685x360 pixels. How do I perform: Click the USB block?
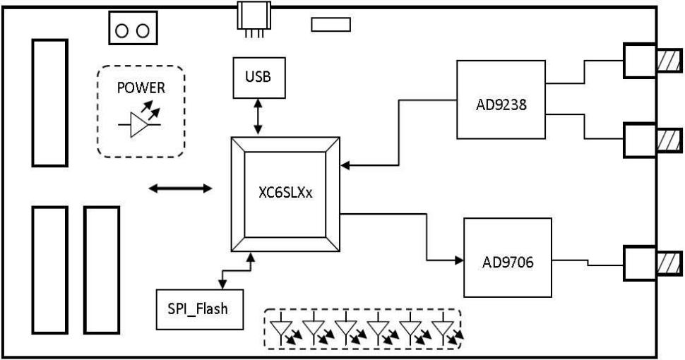[x=258, y=78]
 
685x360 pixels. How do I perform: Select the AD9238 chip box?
[x=501, y=100]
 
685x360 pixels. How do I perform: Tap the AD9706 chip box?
[x=507, y=258]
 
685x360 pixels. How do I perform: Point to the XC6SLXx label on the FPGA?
[x=285, y=191]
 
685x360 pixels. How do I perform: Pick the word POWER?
[x=141, y=88]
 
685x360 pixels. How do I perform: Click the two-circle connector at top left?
[x=132, y=30]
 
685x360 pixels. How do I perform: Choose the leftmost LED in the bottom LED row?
[x=283, y=331]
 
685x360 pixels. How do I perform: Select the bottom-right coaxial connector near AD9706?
[x=651, y=263]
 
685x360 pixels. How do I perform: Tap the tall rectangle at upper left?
[x=49, y=102]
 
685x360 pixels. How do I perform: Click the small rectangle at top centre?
[x=330, y=25]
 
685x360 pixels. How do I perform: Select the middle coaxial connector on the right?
[x=651, y=140]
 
